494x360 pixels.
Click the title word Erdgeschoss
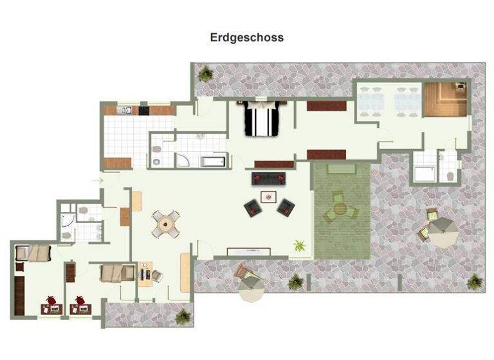click(246, 37)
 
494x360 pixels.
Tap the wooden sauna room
click(444, 100)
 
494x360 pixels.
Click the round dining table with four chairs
click(166, 224)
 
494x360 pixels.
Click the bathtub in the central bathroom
click(213, 161)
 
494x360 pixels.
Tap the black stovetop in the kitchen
click(143, 111)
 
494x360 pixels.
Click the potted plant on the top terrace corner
click(205, 75)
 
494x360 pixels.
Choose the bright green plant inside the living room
click(299, 245)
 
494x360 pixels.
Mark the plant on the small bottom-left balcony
click(183, 315)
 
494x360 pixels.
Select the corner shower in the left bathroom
click(68, 222)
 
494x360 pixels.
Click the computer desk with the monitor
click(147, 273)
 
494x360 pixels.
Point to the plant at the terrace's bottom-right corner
click(475, 281)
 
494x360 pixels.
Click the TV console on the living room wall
click(249, 251)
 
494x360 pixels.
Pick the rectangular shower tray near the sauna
click(425, 173)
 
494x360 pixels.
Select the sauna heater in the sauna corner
click(461, 88)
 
